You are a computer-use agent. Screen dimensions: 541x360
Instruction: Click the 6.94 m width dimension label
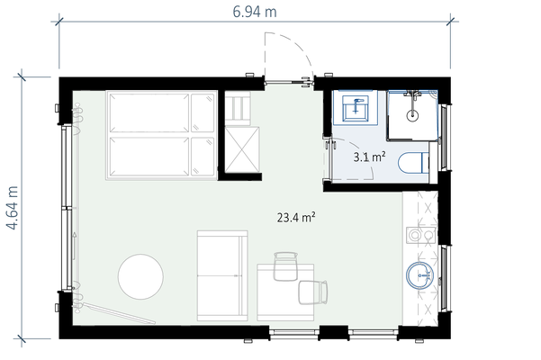254,12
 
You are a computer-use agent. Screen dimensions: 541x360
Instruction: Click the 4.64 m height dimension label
13,208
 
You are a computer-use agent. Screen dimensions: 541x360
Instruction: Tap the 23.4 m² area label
296,217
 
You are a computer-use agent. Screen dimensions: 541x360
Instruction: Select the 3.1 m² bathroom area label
369,157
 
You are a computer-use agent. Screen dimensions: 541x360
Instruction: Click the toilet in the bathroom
413,162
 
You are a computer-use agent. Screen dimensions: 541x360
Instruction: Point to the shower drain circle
412,115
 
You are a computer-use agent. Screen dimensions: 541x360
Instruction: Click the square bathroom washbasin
356,108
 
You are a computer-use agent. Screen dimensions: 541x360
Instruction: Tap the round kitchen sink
419,274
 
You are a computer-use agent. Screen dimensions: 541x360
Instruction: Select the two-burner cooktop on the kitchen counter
421,235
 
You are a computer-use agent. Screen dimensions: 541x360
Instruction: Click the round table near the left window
140,276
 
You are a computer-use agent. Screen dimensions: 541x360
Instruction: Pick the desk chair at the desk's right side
313,292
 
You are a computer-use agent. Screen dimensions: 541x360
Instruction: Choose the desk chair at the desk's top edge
285,266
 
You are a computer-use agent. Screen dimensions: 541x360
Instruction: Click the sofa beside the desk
222,275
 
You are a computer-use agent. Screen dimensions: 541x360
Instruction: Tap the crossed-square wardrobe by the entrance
242,149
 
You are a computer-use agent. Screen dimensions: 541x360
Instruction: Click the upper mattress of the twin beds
161,112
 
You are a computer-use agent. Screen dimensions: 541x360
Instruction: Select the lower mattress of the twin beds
161,157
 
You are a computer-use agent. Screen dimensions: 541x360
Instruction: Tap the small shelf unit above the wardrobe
238,108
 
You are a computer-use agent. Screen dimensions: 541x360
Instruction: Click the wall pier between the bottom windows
333,332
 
